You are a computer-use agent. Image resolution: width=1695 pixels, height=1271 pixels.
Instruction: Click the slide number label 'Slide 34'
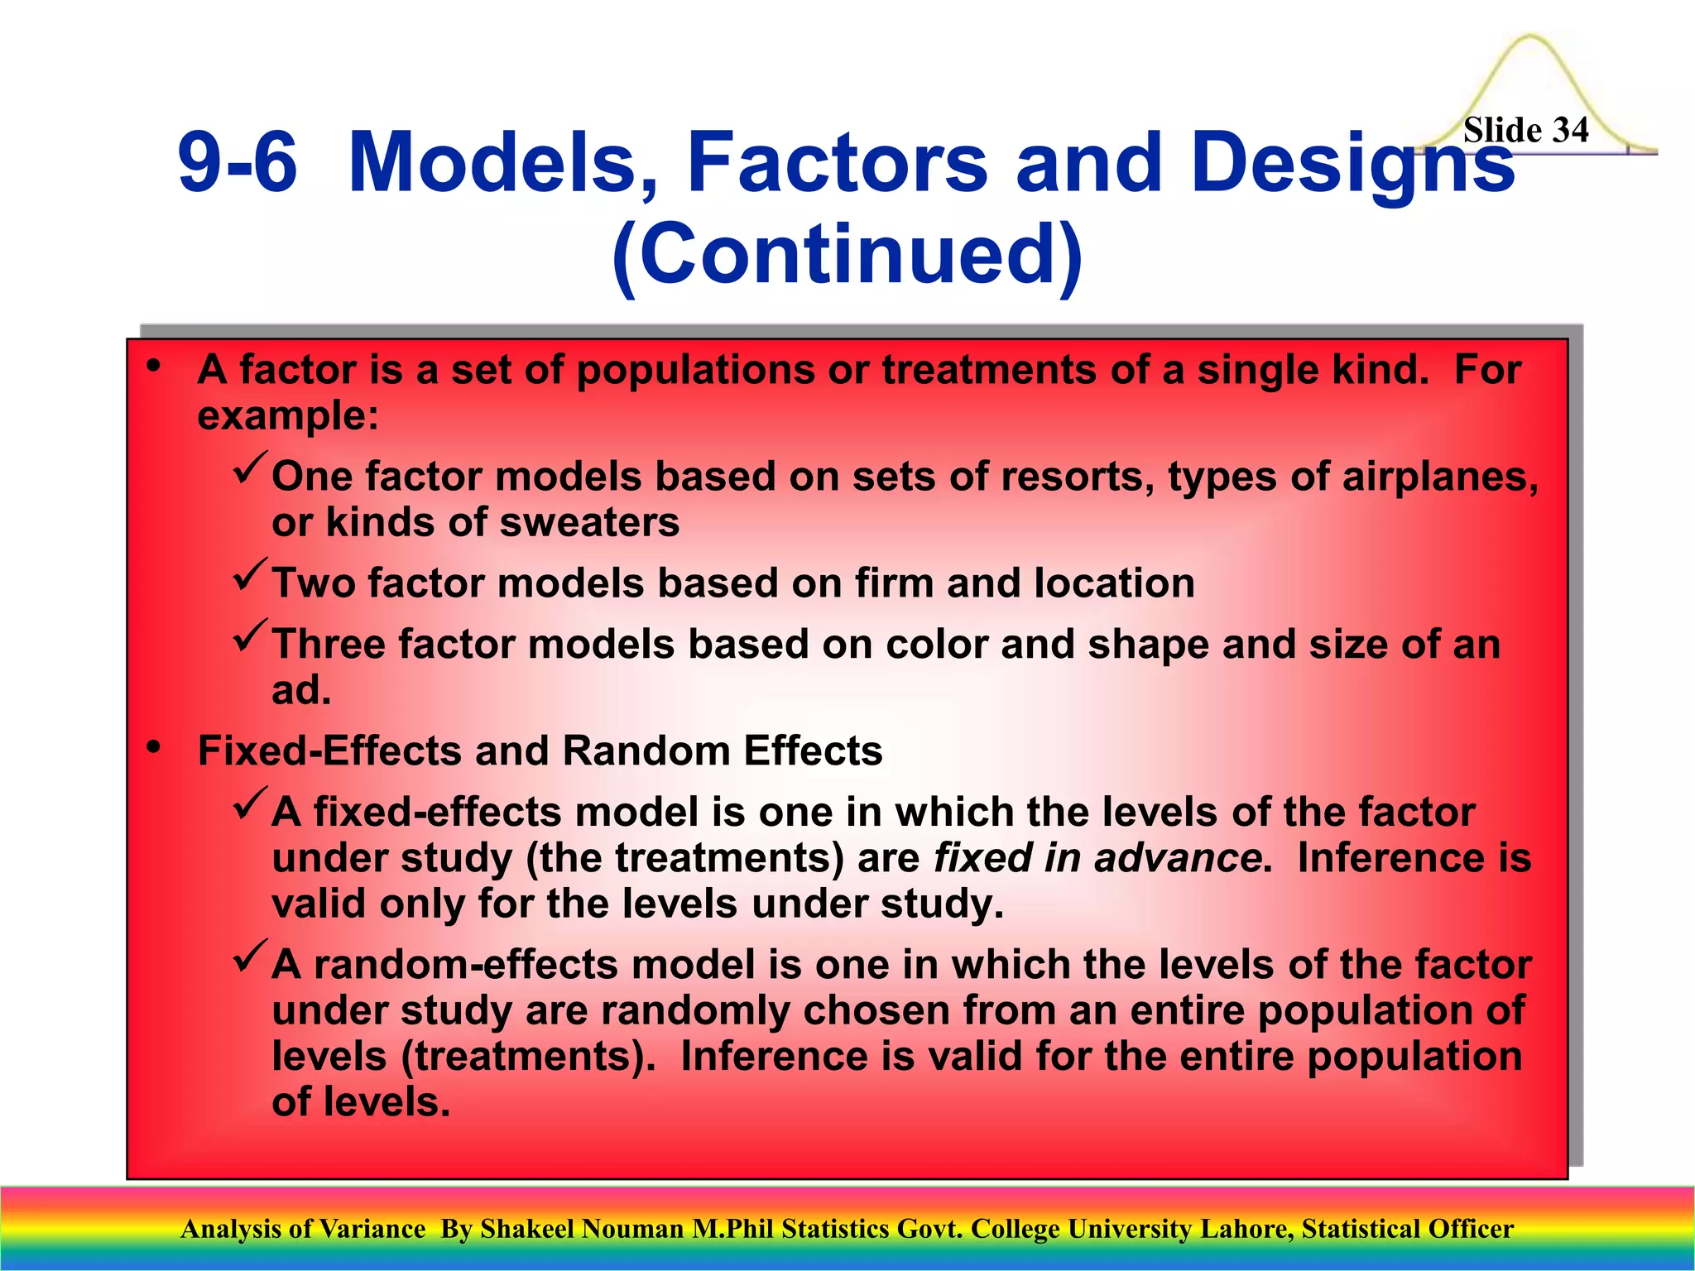(1525, 131)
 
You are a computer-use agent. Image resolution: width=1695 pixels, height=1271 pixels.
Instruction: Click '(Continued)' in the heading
(847, 252)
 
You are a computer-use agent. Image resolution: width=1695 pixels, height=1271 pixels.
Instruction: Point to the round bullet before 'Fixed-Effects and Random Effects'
(153, 748)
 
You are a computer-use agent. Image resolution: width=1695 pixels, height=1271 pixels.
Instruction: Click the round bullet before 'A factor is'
(153, 367)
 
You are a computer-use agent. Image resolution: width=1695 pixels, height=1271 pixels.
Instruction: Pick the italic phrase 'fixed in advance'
(1097, 857)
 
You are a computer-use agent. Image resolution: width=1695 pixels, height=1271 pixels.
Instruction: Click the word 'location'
(1114, 583)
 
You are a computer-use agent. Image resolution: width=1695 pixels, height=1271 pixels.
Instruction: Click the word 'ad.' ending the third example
(301, 690)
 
